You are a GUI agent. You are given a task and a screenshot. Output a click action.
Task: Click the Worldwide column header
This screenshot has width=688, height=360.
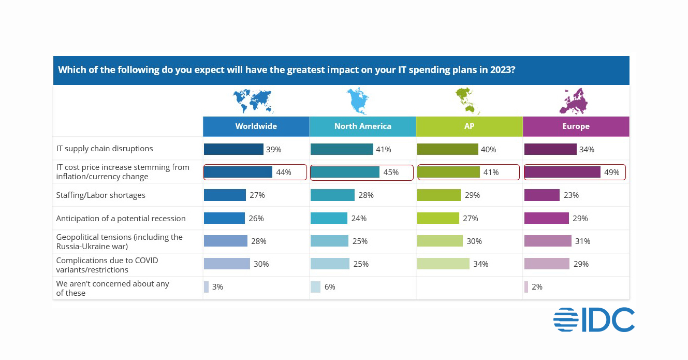tap(256, 126)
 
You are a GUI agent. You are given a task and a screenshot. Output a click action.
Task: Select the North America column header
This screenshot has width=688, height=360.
tap(362, 126)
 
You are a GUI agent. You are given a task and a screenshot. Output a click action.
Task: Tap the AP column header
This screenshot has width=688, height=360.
tap(469, 126)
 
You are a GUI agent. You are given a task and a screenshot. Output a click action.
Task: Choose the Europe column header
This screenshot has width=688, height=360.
tap(576, 126)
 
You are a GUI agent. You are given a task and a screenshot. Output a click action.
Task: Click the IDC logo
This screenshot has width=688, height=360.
tap(594, 320)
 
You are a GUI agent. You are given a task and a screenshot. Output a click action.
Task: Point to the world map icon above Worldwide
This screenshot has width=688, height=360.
tap(253, 100)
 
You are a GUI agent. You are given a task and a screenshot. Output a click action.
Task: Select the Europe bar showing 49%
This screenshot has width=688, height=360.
tap(562, 172)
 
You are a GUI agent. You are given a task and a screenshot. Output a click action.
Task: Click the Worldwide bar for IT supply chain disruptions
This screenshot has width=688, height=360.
tap(233, 149)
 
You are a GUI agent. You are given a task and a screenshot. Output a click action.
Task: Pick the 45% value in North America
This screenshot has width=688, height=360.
tap(391, 172)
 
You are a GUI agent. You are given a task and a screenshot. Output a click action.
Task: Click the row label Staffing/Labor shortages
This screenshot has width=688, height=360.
tap(101, 195)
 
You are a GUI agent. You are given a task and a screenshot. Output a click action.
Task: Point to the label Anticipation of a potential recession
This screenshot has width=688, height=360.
tap(121, 219)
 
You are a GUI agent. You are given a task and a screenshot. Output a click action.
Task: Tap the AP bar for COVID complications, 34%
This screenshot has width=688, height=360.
tap(443, 264)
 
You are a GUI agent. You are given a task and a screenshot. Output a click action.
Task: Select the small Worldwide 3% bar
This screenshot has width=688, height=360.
tap(206, 286)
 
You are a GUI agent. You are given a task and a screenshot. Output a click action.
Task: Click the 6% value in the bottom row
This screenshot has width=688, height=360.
tap(330, 287)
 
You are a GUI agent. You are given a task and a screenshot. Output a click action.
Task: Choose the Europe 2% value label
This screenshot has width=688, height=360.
tap(537, 287)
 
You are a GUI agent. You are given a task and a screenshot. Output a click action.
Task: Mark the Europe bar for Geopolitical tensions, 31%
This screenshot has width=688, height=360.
tap(548, 241)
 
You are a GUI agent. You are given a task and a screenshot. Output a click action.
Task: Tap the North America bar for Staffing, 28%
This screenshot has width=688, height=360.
tap(332, 195)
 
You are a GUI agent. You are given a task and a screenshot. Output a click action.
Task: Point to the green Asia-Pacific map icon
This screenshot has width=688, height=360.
tap(467, 100)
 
